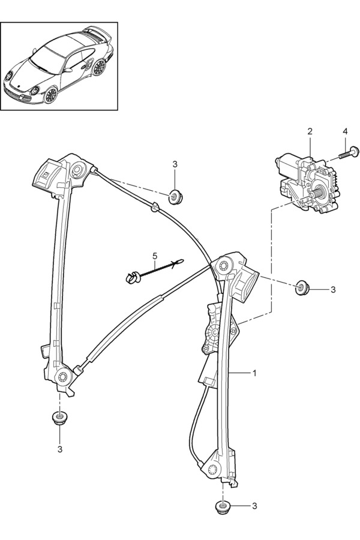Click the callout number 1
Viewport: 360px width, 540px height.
pos(254,373)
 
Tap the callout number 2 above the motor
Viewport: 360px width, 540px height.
pos(310,131)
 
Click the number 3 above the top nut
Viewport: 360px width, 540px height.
pos(175,164)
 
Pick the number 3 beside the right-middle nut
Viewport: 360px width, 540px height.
pos(333,289)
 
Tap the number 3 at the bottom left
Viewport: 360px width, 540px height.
pos(59,448)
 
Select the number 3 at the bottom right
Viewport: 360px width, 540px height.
pos(254,506)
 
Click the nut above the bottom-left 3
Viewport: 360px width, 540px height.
pos(58,417)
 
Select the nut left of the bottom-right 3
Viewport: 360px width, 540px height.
pos(223,507)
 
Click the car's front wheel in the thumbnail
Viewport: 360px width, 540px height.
pos(50,95)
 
